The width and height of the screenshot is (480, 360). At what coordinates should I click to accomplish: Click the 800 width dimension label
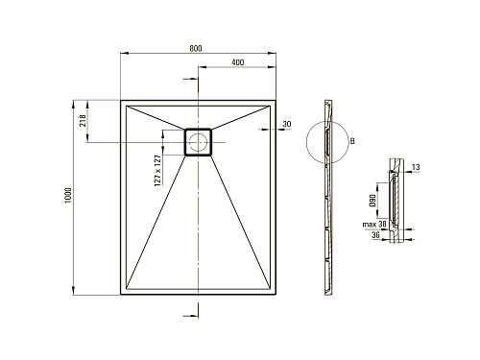196,48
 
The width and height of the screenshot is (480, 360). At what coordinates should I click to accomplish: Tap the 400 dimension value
237,62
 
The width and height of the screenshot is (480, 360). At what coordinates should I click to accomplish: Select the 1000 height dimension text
68,196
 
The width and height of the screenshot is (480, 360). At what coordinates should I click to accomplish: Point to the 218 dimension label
83,120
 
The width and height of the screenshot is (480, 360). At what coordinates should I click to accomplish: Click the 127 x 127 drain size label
157,170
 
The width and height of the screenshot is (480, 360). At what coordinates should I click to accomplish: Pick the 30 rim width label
287,124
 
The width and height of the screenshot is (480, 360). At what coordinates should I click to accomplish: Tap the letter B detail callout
352,141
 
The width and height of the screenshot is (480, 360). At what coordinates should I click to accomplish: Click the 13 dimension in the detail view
416,167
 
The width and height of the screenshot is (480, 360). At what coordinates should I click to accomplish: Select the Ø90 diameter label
372,200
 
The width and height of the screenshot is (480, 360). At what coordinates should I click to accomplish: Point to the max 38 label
374,224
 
